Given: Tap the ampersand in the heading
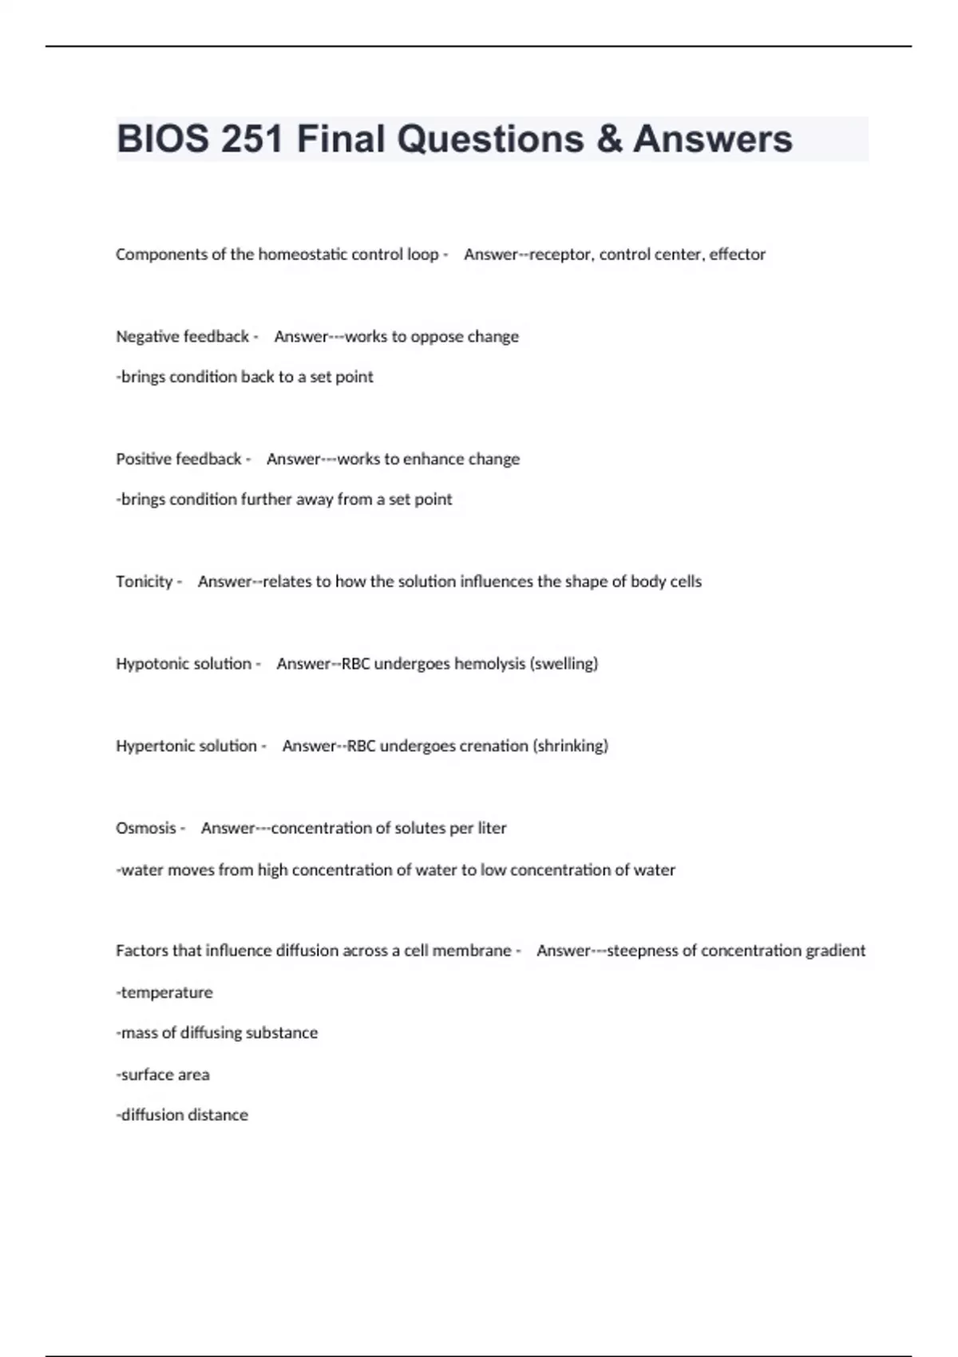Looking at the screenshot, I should click(608, 139).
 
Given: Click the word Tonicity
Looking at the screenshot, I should click(144, 582).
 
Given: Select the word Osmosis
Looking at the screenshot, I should click(146, 829).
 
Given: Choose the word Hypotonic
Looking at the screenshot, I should click(151, 664).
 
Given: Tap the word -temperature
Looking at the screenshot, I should click(164, 993).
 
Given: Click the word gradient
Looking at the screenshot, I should click(835, 951).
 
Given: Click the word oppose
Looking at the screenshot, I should click(437, 337).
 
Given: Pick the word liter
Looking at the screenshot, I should click(492, 829).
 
